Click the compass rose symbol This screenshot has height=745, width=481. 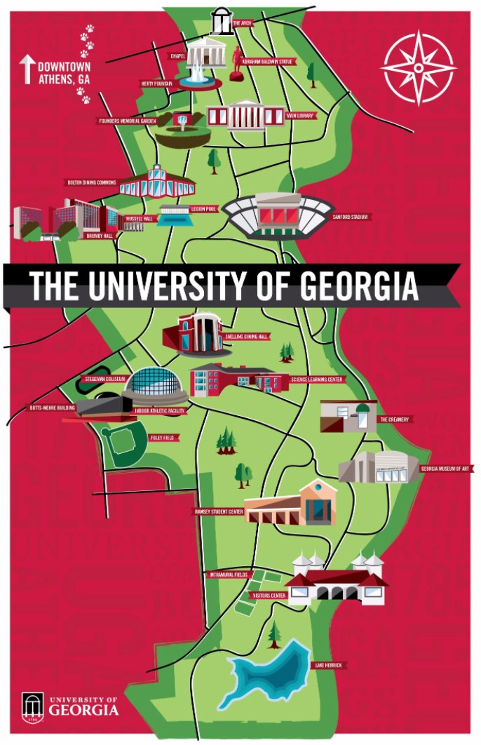coord(418,68)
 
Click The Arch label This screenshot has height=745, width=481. coord(242,23)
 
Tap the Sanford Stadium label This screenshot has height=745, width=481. coord(351,217)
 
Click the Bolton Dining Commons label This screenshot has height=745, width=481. coord(90,182)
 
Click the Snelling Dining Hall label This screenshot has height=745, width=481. coord(247,337)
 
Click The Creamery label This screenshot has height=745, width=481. coord(394,419)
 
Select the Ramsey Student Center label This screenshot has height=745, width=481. coord(218,511)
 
